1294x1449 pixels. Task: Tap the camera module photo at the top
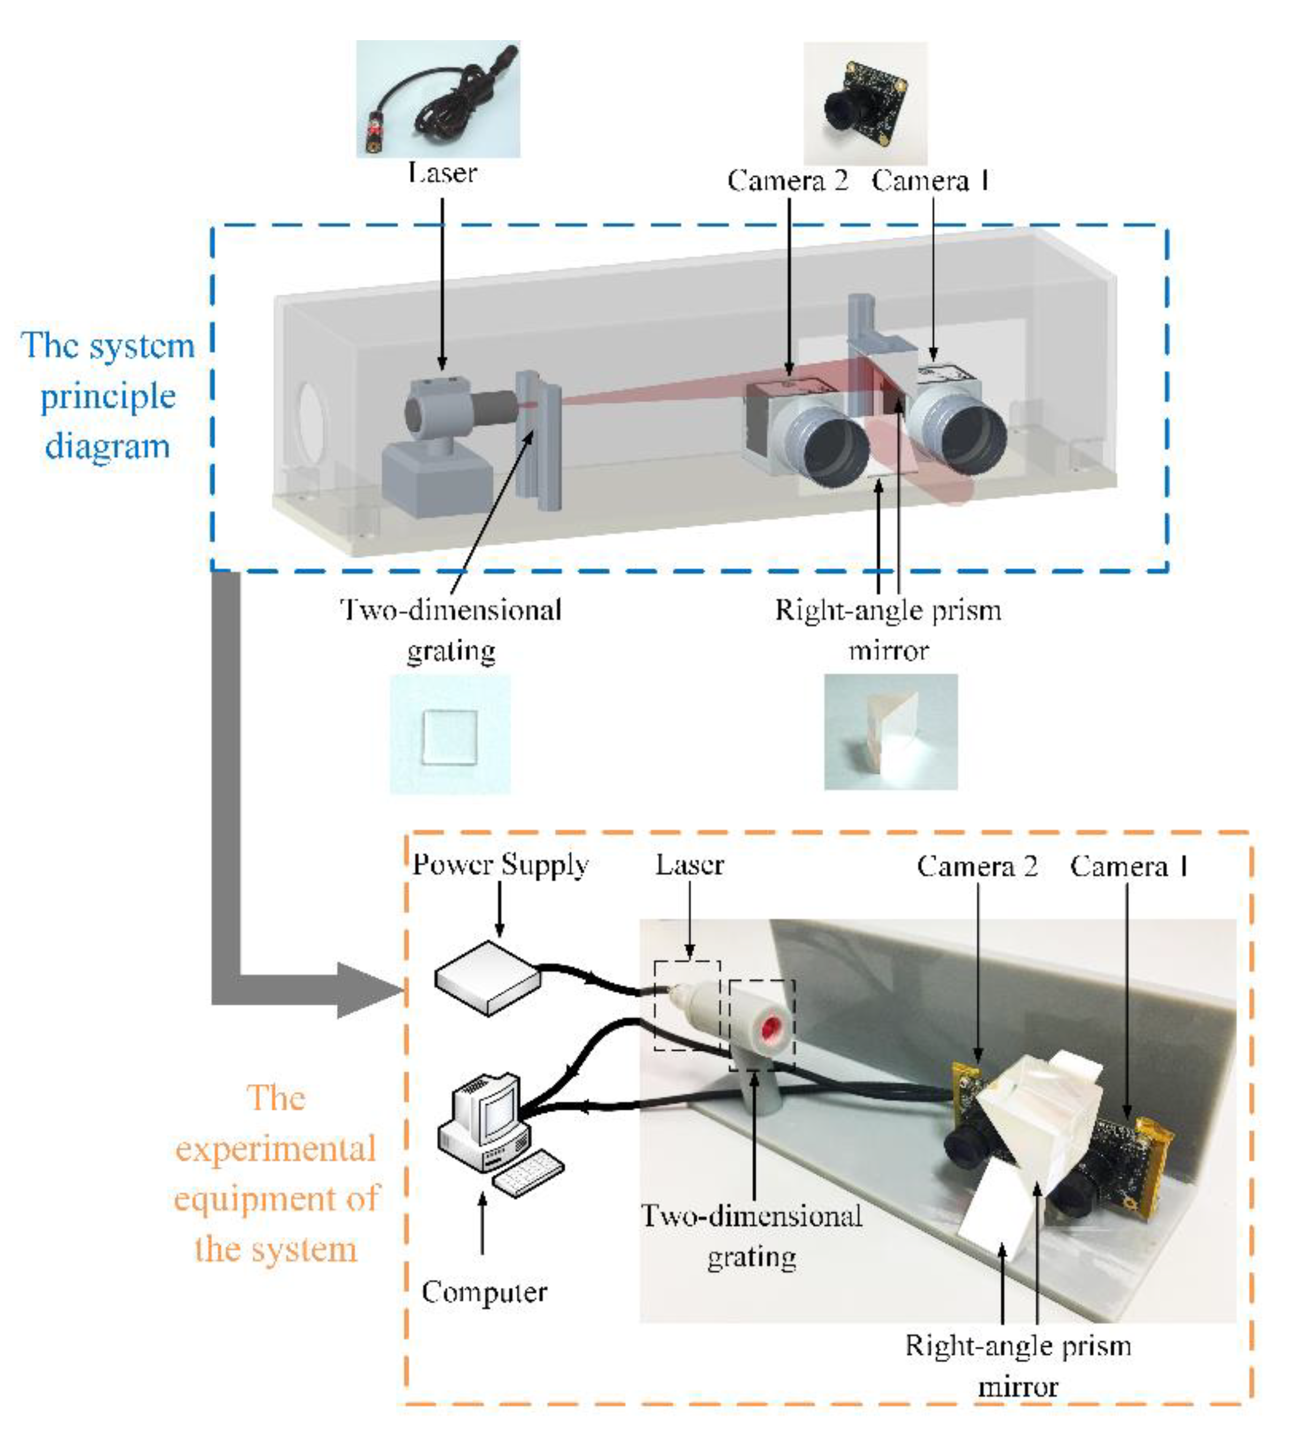tap(865, 104)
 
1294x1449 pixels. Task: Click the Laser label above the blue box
tap(442, 173)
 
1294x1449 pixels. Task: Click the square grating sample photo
tap(449, 735)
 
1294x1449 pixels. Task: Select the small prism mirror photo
tap(890, 733)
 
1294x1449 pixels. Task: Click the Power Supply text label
tap(501, 865)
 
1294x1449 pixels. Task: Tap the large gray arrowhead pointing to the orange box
tap(366, 991)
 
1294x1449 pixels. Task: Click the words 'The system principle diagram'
tap(108, 396)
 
